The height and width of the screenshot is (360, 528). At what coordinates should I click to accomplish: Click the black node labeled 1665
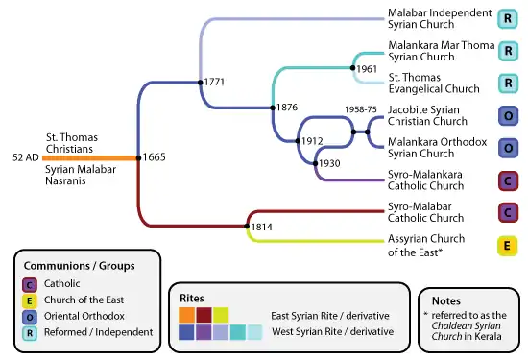pos(138,158)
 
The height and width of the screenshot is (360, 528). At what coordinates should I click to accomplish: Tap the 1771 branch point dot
pos(201,83)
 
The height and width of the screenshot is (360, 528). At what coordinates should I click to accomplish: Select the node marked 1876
pos(273,108)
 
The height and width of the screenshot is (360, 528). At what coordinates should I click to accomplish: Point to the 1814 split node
pos(247,226)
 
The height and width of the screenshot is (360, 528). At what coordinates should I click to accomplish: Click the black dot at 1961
pos(352,68)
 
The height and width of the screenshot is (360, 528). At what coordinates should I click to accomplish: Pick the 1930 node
pos(315,163)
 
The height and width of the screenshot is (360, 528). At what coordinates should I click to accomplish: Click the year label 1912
pos(312,141)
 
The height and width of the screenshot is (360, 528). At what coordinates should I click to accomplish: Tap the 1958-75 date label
pos(361,109)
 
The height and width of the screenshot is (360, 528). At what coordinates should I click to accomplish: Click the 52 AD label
pos(26,157)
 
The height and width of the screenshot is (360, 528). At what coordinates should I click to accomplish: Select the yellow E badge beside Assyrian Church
pos(508,246)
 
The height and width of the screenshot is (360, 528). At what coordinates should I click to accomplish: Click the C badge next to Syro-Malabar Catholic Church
pos(508,213)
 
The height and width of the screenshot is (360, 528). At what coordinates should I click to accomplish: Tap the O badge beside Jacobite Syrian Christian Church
pos(508,116)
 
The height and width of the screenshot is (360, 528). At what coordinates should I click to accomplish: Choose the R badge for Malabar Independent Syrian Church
pos(508,19)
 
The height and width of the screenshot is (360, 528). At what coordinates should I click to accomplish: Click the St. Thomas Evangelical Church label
pos(434,84)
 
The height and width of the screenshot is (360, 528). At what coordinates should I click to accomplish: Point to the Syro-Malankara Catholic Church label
pos(425,180)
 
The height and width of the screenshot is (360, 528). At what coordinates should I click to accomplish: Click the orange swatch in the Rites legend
pos(186,315)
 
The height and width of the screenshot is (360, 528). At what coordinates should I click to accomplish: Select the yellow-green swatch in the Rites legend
pos(221,315)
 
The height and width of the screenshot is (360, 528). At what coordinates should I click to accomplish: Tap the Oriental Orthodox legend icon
pos(30,317)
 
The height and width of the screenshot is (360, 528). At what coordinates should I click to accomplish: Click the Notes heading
pos(446,300)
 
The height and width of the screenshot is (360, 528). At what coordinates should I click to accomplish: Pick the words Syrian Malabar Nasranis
pos(81,175)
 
